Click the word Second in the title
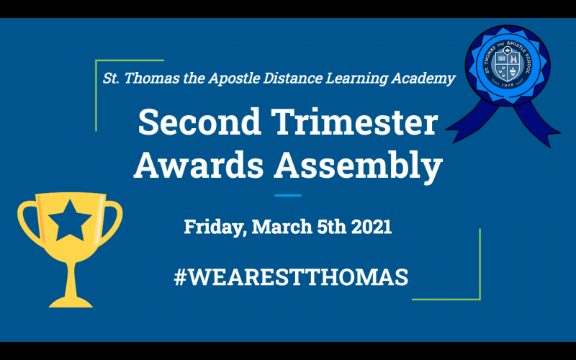click(x=199, y=122)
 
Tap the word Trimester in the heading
click(x=354, y=122)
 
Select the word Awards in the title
click(x=199, y=164)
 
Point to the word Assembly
click(x=358, y=166)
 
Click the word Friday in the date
click(x=215, y=227)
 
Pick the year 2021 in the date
click(x=372, y=227)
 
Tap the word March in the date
click(x=282, y=227)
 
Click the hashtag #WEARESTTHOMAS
click(x=291, y=277)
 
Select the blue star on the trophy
click(x=70, y=221)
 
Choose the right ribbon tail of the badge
click(x=537, y=123)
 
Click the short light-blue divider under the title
click(x=288, y=195)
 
